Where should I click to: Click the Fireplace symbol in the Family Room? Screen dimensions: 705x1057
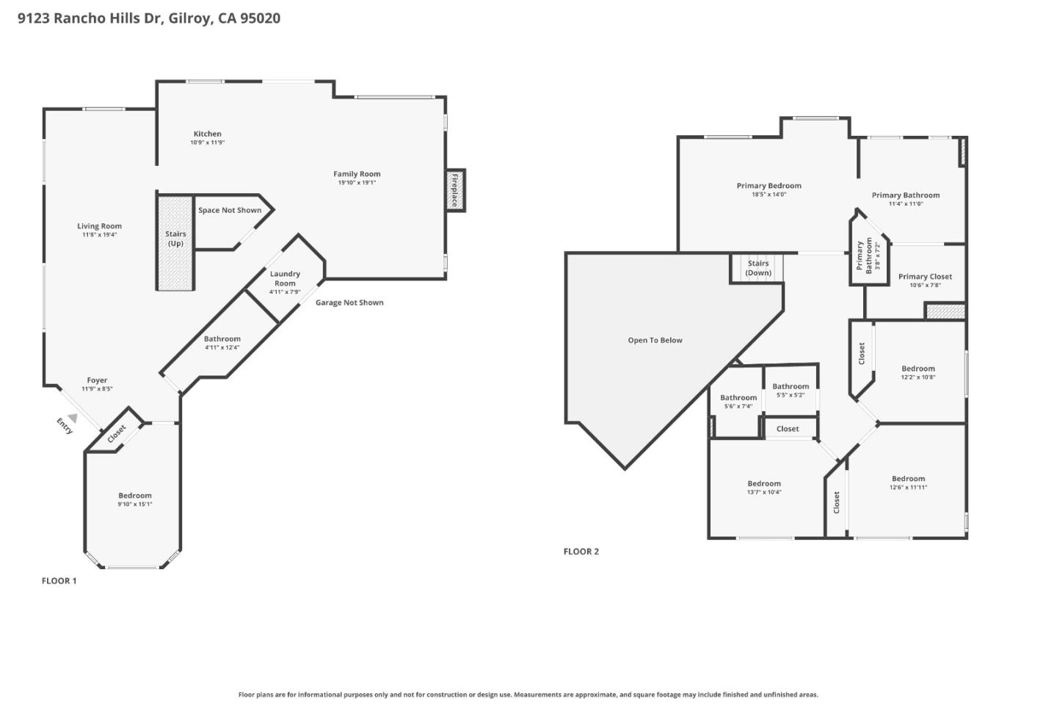coord(455,190)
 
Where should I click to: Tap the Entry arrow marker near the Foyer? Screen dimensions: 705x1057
coord(72,418)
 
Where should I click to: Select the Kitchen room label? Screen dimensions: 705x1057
coord(207,134)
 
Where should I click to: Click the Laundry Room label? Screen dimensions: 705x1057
coord(285,278)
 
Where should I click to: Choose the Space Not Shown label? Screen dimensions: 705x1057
coord(230,210)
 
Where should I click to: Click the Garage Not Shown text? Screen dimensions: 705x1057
coord(349,303)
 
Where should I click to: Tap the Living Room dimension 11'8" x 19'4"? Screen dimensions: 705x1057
coord(99,235)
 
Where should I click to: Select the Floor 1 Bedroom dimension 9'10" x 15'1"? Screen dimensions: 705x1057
coord(135,505)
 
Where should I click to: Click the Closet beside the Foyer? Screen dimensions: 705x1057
coord(116,434)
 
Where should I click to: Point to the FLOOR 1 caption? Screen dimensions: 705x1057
coord(59,581)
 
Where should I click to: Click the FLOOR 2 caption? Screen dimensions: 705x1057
coord(581,552)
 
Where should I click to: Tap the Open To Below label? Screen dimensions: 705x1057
coord(655,340)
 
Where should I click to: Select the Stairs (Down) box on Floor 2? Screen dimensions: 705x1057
coord(758,268)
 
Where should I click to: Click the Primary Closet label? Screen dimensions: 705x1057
coord(925,277)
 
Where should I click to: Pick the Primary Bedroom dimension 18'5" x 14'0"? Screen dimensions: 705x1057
coord(769,195)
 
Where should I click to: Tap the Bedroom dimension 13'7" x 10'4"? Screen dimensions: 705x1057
coord(764,492)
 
